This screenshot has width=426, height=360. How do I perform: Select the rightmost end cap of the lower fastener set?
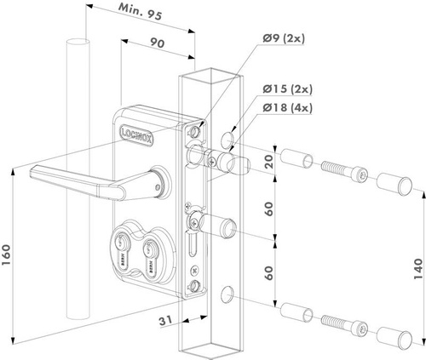395,334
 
